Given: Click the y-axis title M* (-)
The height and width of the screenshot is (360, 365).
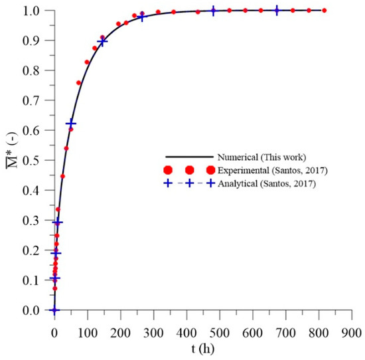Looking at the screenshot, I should click(x=9, y=161).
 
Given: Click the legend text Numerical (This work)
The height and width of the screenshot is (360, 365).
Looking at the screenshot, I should click(x=260, y=157).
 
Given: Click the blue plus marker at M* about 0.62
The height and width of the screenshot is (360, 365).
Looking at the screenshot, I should click(x=70, y=124).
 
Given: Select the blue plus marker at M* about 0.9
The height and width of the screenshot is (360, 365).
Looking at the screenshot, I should click(x=102, y=42).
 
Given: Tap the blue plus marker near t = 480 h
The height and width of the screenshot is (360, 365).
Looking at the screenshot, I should click(x=213, y=11).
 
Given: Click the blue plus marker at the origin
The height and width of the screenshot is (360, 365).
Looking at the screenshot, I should click(x=54, y=310).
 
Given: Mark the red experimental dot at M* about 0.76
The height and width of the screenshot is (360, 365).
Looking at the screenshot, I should click(x=79, y=83).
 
